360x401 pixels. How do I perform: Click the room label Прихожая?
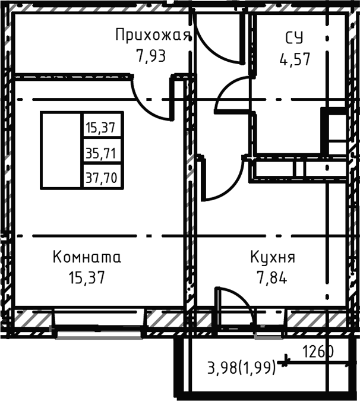click(x=153, y=34)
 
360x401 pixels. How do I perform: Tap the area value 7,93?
click(x=150, y=56)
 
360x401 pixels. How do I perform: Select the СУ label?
click(x=293, y=39)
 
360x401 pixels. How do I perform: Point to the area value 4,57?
click(x=295, y=59)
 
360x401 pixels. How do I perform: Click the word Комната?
click(x=87, y=257)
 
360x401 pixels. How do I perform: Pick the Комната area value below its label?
click(x=87, y=277)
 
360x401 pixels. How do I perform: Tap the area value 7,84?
click(x=271, y=277)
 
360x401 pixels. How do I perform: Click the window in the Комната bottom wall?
click(x=98, y=324)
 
